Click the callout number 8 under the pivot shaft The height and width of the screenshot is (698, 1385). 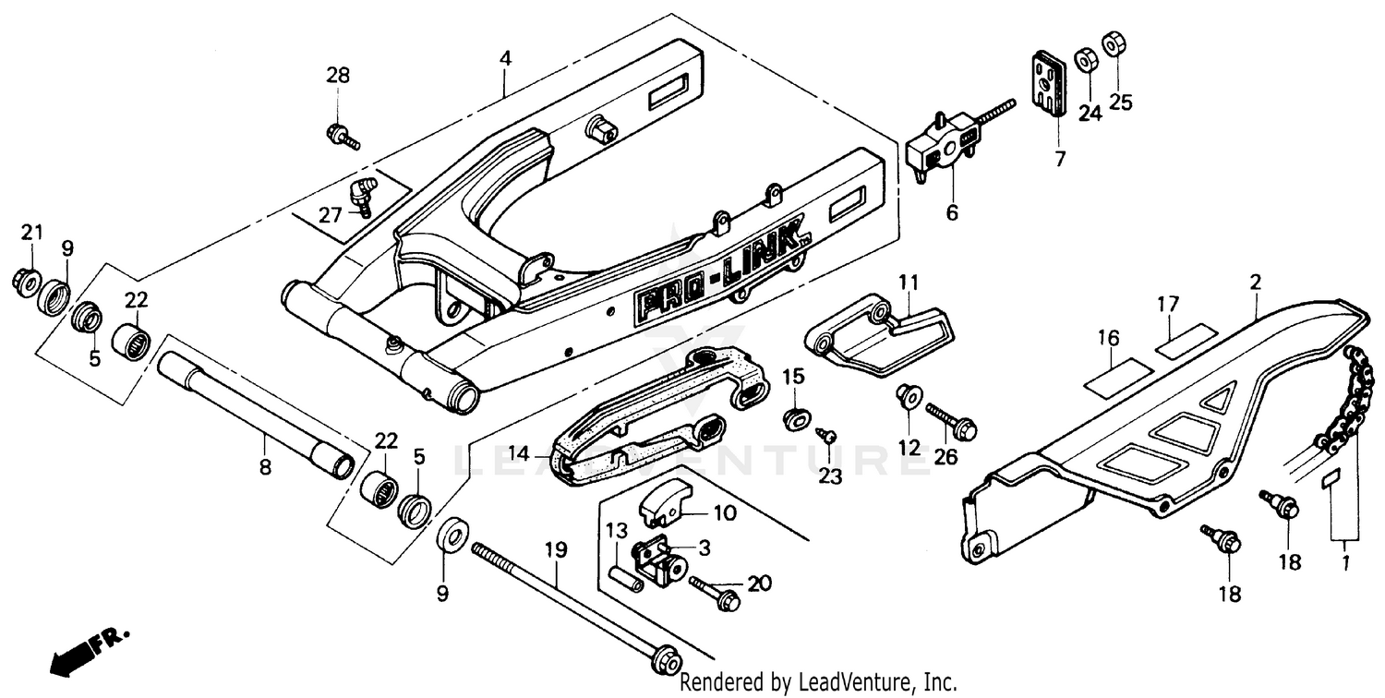coord(265,467)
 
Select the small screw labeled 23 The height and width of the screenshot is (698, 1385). coord(828,434)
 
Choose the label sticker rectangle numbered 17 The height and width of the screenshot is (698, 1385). coord(1185,339)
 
